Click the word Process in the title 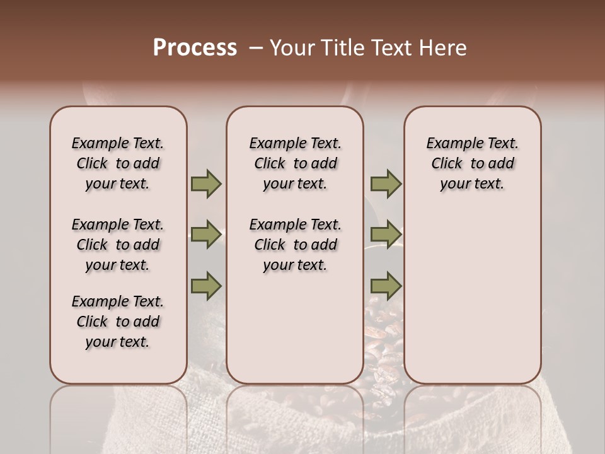(x=195, y=48)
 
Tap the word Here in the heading (x=443, y=48)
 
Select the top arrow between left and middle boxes (x=206, y=184)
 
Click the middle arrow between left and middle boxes (x=206, y=235)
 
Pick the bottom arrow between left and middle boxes (x=206, y=286)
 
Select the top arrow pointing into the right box (x=386, y=184)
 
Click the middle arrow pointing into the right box (x=386, y=235)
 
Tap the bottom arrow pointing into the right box (x=386, y=286)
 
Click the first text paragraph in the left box (x=118, y=163)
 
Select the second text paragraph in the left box (x=118, y=245)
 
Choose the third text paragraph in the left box (x=118, y=322)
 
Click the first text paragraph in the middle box (x=295, y=163)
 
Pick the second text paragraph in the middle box (x=295, y=245)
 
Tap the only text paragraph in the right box (x=472, y=163)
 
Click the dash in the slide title (x=255, y=48)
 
